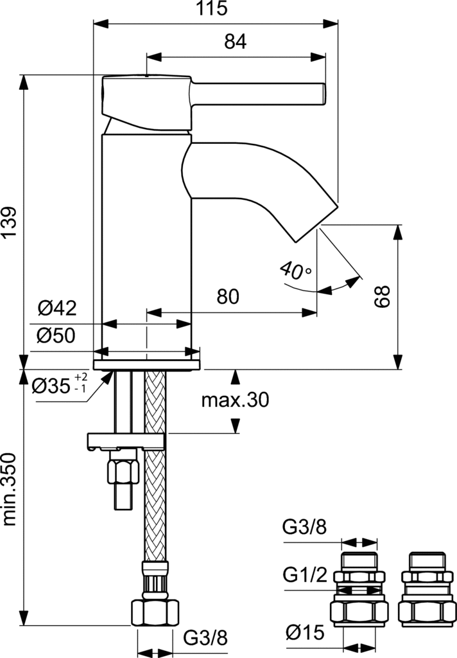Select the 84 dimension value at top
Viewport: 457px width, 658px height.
point(236,42)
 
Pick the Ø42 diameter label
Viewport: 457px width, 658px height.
point(56,309)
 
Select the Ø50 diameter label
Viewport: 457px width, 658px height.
point(56,335)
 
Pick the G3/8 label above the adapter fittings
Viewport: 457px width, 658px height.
point(305,528)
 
